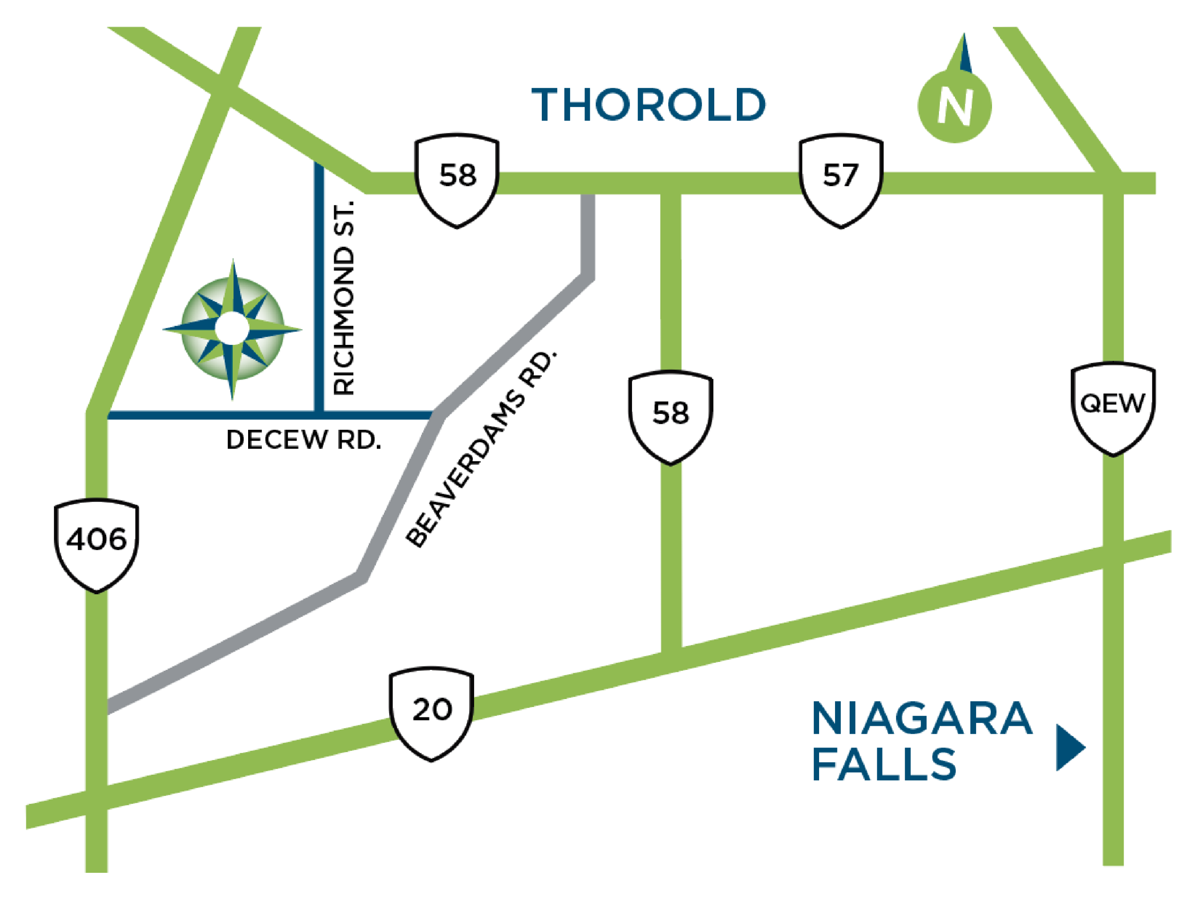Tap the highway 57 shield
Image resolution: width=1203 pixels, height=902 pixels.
coord(840,179)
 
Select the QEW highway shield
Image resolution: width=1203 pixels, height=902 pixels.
coord(1113,408)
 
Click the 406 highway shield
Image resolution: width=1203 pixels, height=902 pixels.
coord(96,544)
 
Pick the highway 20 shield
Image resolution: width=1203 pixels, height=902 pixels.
coord(431,713)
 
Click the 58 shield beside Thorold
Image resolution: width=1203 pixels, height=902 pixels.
coord(457,179)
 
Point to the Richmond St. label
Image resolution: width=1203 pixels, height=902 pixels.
coord(344,297)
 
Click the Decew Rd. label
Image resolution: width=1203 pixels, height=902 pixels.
coord(304,440)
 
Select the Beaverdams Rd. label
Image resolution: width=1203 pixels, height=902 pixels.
coord(481,449)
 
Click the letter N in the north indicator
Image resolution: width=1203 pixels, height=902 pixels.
coord(955,107)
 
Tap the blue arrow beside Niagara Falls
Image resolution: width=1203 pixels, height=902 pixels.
coord(1069,747)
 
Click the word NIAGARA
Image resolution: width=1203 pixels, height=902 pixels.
coord(922,719)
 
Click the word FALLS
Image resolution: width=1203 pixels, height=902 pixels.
coord(884,764)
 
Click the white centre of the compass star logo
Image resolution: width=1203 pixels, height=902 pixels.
coord(232,328)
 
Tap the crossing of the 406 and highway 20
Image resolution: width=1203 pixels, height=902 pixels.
coord(96,797)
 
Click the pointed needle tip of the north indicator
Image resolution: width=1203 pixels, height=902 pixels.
coord(964,35)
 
